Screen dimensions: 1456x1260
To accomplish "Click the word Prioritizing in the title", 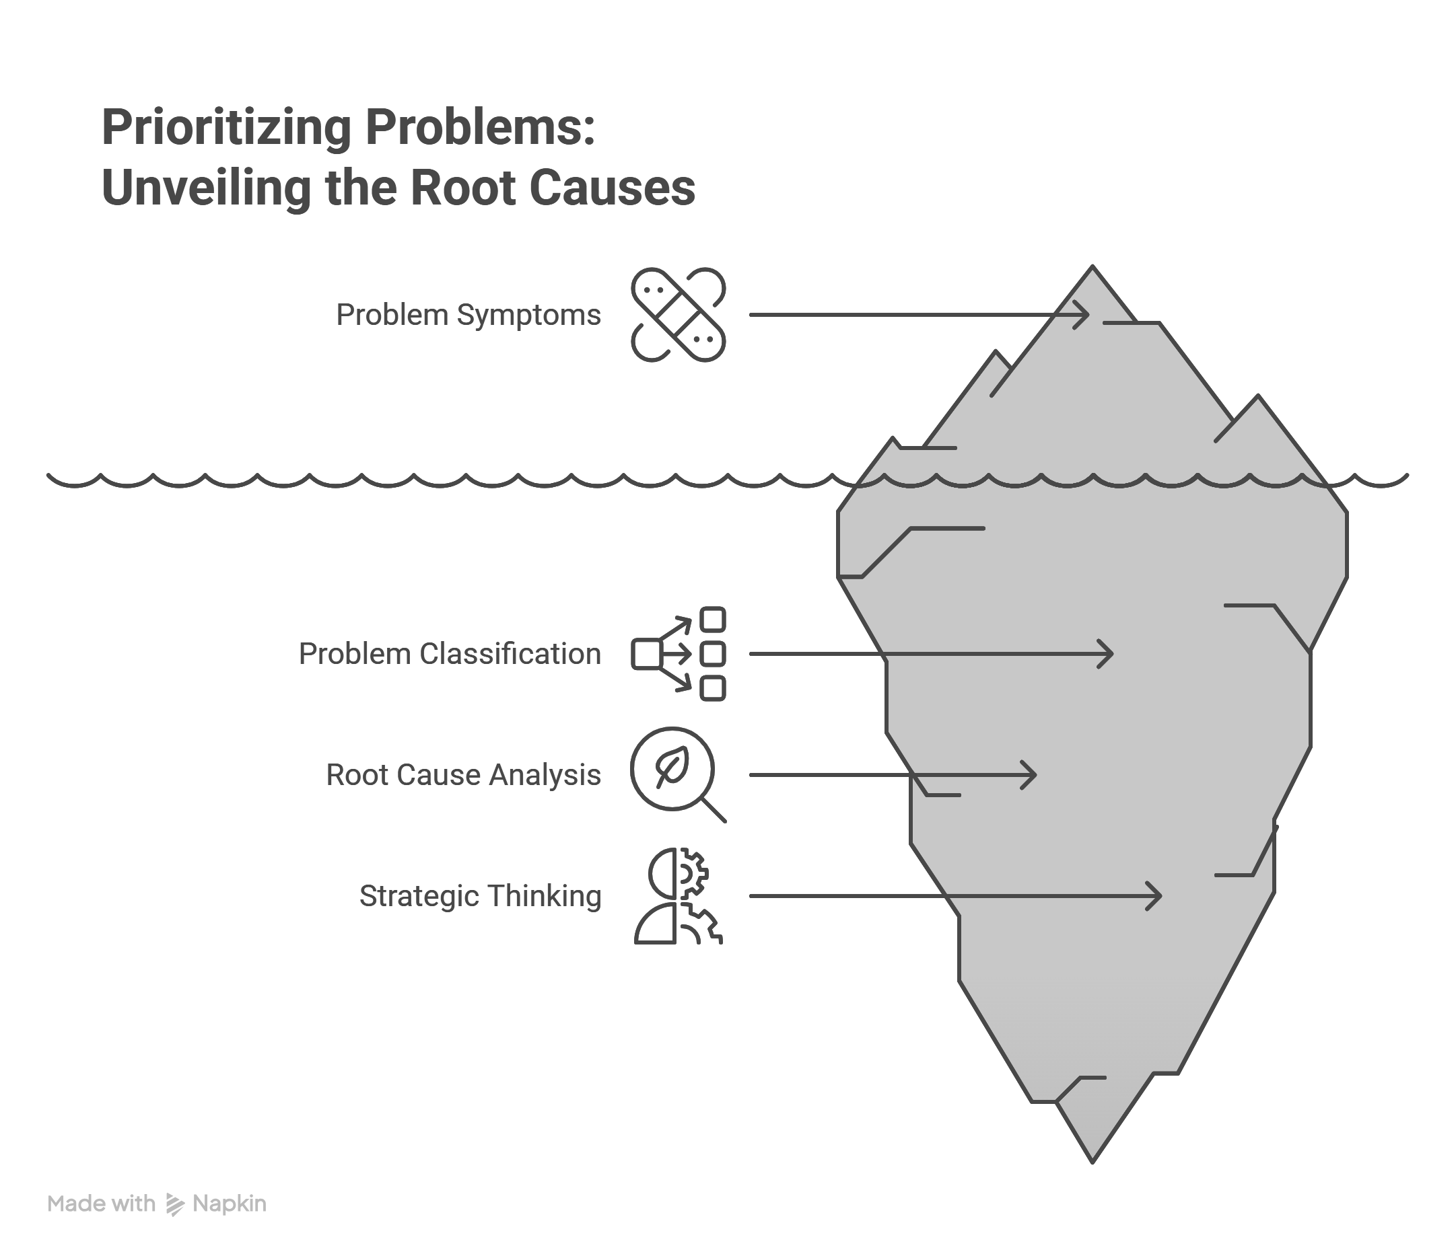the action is coord(226,128).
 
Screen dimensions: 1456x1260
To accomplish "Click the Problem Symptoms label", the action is coord(469,315).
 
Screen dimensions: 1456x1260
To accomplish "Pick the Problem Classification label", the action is coord(450,654).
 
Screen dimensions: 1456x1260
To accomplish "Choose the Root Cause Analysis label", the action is coord(464,775).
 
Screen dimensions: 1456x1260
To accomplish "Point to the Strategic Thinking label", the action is coord(481,896).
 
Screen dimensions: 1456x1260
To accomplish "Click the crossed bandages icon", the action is coord(678,315).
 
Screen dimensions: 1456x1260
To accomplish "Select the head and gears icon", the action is coord(678,896).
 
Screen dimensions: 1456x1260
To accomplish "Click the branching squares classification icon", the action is coord(678,654).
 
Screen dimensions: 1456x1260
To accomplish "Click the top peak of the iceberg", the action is coord(1093,266).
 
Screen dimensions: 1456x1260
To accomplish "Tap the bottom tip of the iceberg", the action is coord(1093,1162).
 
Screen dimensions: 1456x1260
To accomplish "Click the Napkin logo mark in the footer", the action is coord(174,1203).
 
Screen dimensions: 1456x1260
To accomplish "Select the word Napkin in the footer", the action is coord(230,1204).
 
